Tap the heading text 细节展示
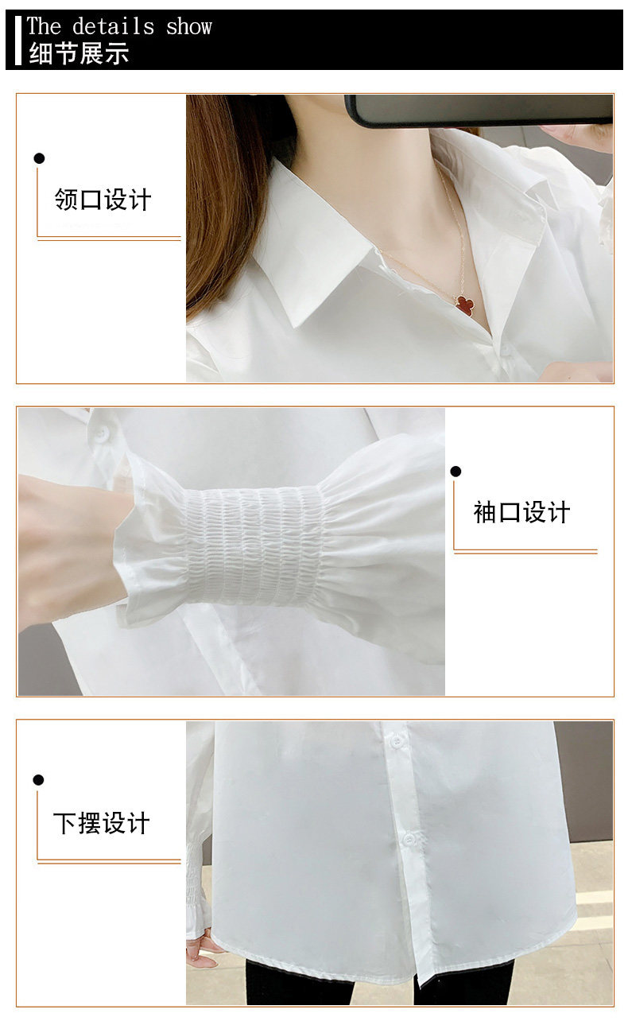point(79,53)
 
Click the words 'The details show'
point(119,26)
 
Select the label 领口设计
point(103,200)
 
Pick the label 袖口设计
point(522,512)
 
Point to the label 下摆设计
point(102,823)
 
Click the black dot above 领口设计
point(39,159)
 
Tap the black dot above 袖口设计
point(455,472)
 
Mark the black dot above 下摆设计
point(39,780)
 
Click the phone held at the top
point(479,110)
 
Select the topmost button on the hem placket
point(397,740)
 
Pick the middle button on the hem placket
point(409,838)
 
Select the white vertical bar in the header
point(18,41)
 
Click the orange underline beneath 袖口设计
point(525,551)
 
